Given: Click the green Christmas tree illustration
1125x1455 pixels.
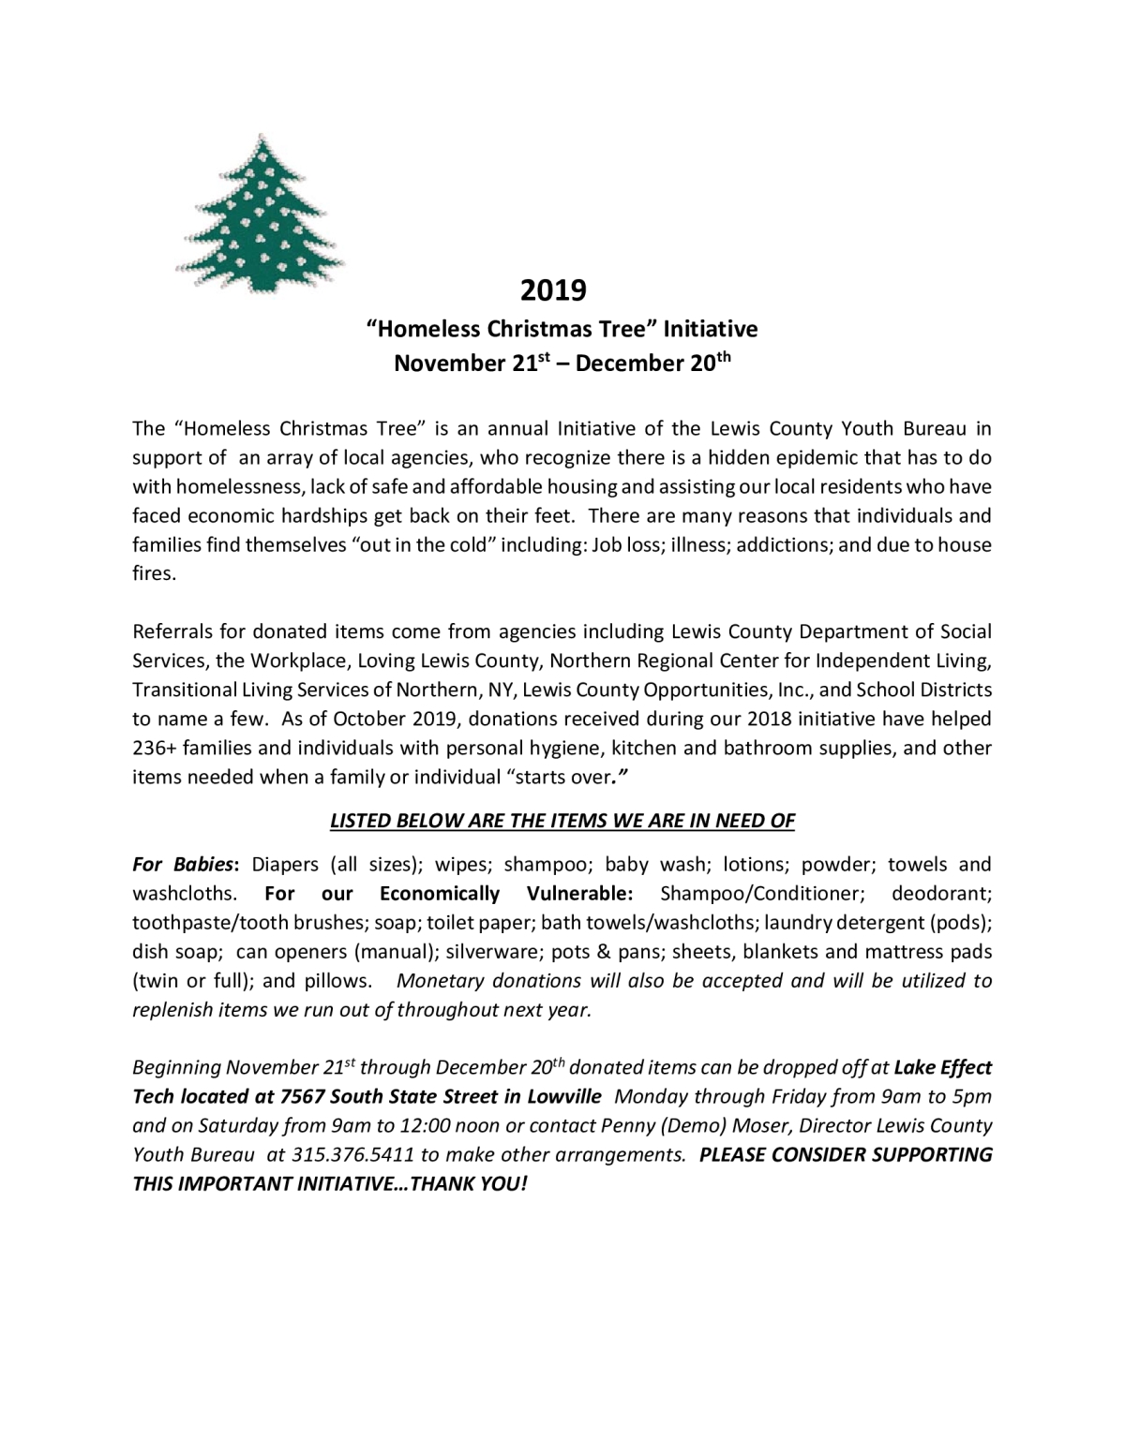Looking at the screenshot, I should (260, 214).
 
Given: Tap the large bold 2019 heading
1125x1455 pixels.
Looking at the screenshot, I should (553, 290).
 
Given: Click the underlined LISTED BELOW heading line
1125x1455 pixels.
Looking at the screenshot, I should (562, 821).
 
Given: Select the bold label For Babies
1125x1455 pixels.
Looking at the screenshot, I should (185, 864).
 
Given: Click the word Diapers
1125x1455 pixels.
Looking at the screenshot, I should (285, 864).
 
